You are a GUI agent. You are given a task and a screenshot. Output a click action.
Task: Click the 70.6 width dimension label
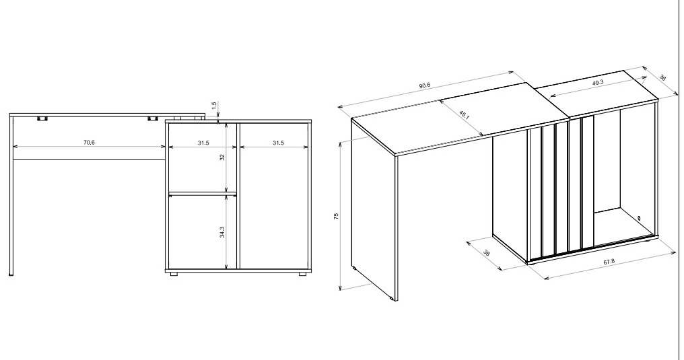89,143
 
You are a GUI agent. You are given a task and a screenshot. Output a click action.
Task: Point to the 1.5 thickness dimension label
214,106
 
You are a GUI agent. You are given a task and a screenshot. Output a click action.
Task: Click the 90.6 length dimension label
424,85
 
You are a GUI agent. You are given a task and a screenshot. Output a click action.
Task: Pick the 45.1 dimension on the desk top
464,114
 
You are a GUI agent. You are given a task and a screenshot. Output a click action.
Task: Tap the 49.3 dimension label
597,83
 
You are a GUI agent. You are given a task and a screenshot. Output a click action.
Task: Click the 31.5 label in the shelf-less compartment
275,143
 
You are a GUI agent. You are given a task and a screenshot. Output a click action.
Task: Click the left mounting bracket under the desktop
42,118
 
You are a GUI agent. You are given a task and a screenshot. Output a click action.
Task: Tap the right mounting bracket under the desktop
153,118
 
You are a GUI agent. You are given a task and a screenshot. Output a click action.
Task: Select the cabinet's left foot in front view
174,273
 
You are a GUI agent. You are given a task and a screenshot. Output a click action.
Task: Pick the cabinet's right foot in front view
300,273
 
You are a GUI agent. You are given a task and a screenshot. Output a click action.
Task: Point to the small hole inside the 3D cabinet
638,217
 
